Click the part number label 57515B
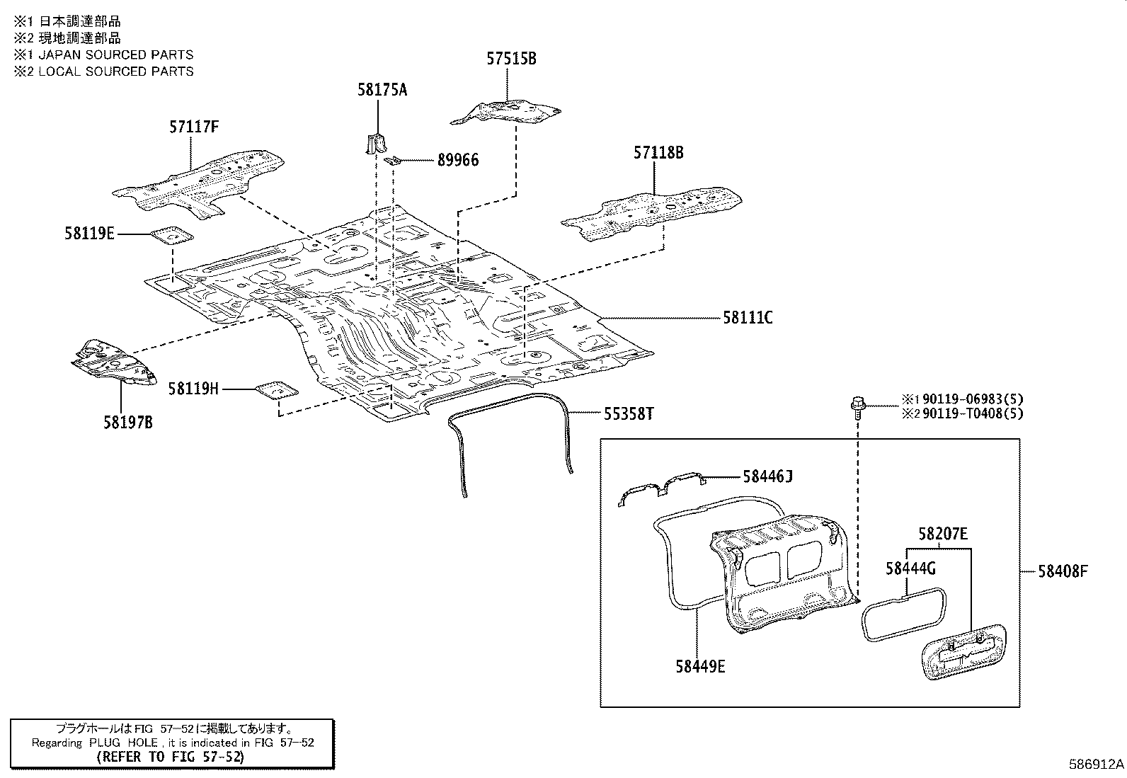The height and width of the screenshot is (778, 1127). [511, 59]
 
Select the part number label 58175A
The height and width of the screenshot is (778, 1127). [382, 90]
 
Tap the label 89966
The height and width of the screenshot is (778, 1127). [457, 161]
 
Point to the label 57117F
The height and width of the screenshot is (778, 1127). [193, 127]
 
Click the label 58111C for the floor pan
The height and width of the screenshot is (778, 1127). [748, 318]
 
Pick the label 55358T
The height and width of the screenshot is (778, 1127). [628, 414]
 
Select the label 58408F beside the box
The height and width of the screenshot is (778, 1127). [1063, 571]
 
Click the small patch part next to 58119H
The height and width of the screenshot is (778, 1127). [276, 390]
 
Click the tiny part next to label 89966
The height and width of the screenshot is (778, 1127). [394, 161]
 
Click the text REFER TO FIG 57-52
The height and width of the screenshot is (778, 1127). [170, 757]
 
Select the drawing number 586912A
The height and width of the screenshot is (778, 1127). [1096, 765]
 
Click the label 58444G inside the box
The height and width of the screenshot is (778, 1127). [911, 568]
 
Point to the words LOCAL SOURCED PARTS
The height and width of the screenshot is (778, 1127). [116, 71]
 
